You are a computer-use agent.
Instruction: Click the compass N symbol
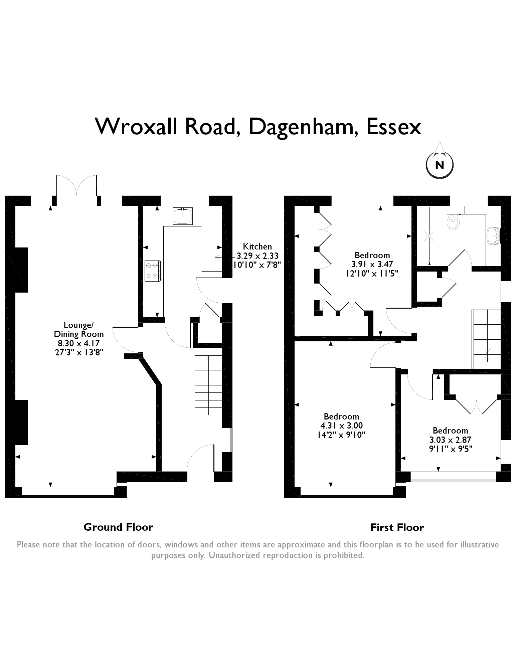pyautogui.click(x=440, y=165)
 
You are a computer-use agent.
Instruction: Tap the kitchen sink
pyautogui.click(x=183, y=216)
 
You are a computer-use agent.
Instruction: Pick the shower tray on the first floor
pyautogui.click(x=429, y=236)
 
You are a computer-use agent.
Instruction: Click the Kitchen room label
pyautogui.click(x=257, y=247)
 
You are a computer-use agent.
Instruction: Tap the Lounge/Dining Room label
pyautogui.click(x=79, y=330)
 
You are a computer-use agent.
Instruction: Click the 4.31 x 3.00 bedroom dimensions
pyautogui.click(x=341, y=426)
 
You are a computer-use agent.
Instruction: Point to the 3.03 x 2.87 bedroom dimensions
pyautogui.click(x=450, y=440)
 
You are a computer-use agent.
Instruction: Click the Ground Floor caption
pyautogui.click(x=118, y=527)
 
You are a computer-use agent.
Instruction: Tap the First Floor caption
pyautogui.click(x=397, y=528)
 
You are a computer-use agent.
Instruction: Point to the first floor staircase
pyautogui.click(x=486, y=339)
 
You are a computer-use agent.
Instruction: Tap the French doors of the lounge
pyautogui.click(x=77, y=186)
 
